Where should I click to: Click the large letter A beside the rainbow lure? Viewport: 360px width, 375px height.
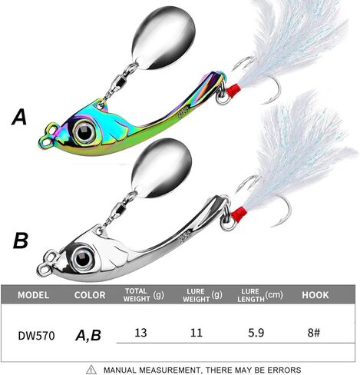[x=19, y=117]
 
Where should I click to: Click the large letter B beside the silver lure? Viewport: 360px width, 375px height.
[x=21, y=241]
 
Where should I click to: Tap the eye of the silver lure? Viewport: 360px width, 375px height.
[x=82, y=258]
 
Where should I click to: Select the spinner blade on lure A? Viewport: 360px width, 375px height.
[x=163, y=38]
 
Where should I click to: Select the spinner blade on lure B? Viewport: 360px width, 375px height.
[x=161, y=168]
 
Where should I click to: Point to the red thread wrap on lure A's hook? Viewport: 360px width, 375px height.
[x=233, y=91]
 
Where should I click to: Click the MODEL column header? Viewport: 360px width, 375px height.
[x=33, y=295]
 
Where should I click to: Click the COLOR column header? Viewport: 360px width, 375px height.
[x=90, y=295]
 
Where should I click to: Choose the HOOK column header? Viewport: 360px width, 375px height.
[x=315, y=295]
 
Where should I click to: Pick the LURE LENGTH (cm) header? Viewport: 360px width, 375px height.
[x=260, y=295]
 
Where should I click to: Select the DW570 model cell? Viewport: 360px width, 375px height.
[x=36, y=336]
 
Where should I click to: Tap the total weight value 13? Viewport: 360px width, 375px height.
[x=140, y=333]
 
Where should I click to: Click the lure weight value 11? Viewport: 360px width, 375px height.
[x=197, y=333]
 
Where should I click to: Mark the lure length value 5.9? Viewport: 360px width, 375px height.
[x=256, y=333]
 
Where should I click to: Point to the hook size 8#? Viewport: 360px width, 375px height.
[x=314, y=333]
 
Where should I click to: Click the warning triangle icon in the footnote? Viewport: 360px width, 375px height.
[x=91, y=370]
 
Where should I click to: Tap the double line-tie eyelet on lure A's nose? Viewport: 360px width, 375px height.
[x=48, y=135]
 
